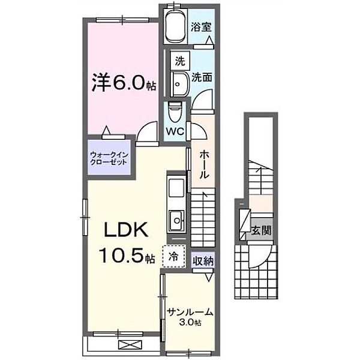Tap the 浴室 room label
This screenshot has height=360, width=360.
[x=201, y=27]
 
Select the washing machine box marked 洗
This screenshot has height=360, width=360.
[x=180, y=61]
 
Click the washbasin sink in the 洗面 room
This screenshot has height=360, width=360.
[x=179, y=84]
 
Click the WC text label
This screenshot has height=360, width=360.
[x=175, y=131]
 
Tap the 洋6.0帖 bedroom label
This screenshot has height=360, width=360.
[x=124, y=83]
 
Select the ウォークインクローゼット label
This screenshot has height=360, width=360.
[x=109, y=158]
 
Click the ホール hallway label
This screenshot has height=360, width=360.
[x=204, y=165]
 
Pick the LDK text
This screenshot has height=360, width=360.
[x=126, y=230]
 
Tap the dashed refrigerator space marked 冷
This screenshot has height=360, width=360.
[x=174, y=256]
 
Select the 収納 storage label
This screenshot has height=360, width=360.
[x=203, y=261]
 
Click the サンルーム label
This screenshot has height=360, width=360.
[x=190, y=311]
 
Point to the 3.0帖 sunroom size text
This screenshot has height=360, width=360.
[x=190, y=322]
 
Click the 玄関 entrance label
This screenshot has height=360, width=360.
[x=261, y=230]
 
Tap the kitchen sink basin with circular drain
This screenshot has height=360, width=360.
[x=177, y=221]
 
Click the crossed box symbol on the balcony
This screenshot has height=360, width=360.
[x=130, y=344]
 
